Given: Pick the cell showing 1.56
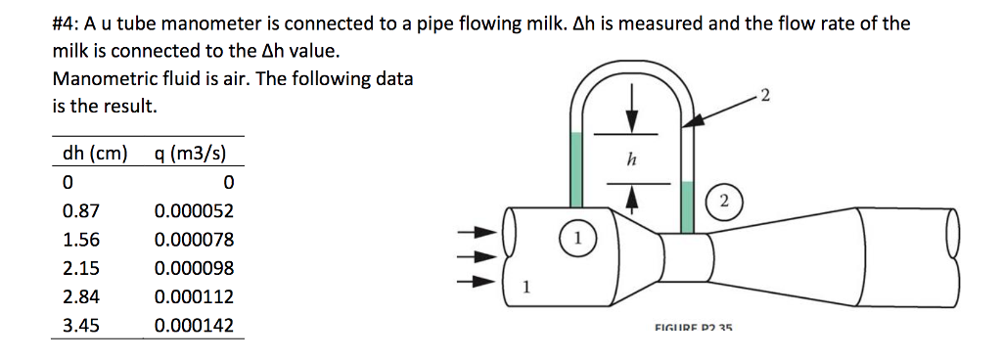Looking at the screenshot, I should click(x=79, y=239).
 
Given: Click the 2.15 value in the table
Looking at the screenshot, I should click(x=79, y=268).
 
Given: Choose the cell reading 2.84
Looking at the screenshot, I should click(x=79, y=296).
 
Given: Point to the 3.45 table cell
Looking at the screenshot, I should click(x=79, y=326).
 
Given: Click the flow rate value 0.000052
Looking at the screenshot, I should click(x=194, y=210).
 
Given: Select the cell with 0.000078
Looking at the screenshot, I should click(x=194, y=239).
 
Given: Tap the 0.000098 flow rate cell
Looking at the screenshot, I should click(x=194, y=268).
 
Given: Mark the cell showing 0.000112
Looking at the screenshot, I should click(x=194, y=296).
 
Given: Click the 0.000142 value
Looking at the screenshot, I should click(x=194, y=326).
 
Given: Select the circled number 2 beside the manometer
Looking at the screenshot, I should click(x=723, y=202).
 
